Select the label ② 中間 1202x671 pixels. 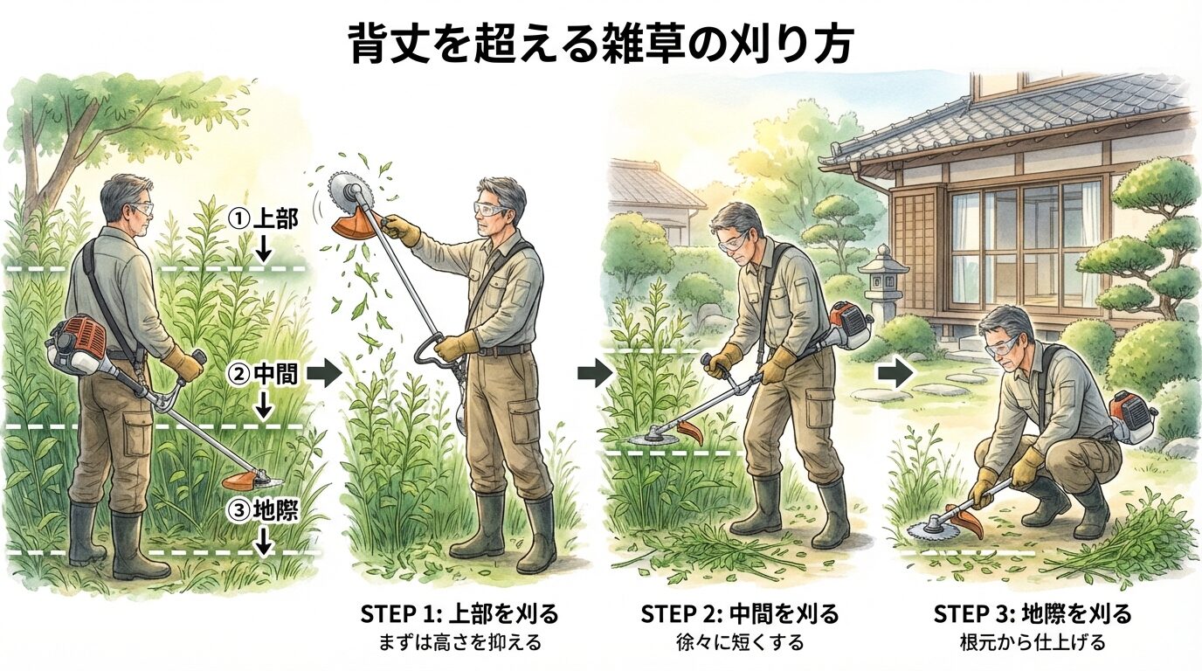click(x=263, y=375)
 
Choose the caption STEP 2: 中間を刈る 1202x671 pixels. click(x=740, y=613)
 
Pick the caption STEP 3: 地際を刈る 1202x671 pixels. click(x=1033, y=613)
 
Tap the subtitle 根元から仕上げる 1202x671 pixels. click(x=1033, y=643)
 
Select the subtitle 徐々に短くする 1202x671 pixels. click(x=740, y=643)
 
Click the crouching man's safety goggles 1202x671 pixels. click(x=1001, y=347)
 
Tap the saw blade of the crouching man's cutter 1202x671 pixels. click(x=929, y=528)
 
